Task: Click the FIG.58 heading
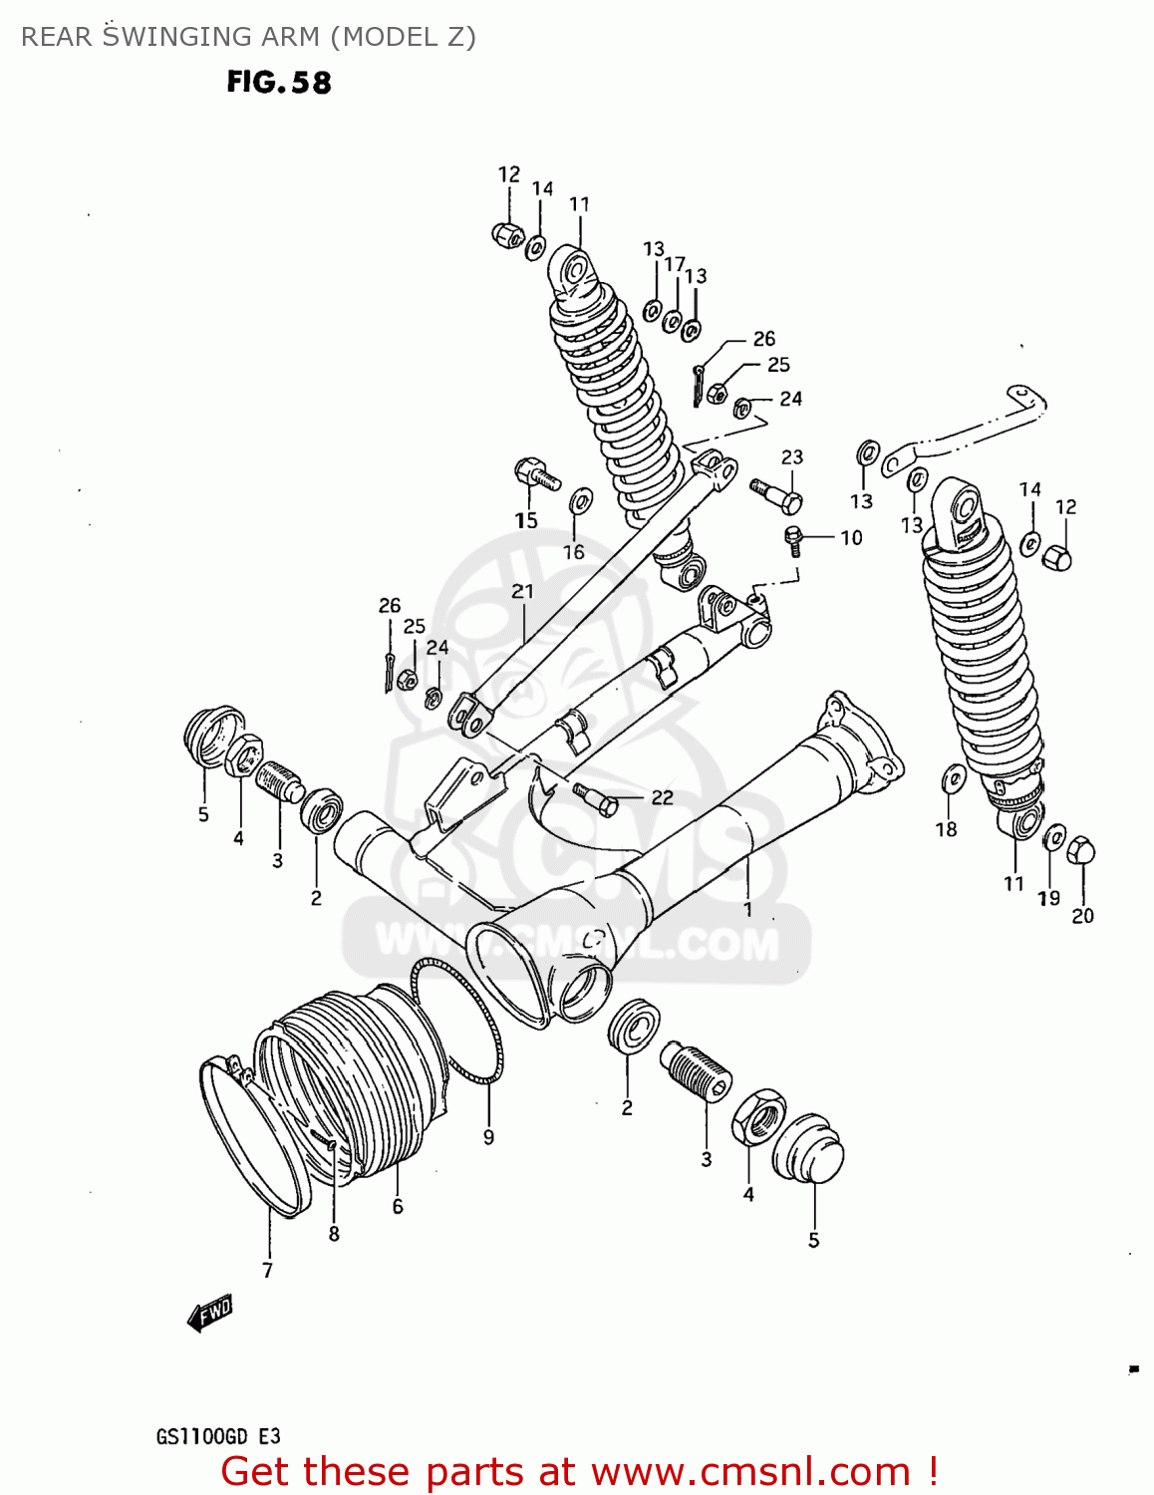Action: tap(278, 82)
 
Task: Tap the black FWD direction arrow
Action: tap(209, 1314)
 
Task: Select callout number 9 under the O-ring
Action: tap(488, 1136)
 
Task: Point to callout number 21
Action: tap(522, 591)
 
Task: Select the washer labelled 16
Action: tap(580, 499)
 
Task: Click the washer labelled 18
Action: tap(953, 777)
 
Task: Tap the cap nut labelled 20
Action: tap(1081, 852)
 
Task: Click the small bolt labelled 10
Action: tap(793, 541)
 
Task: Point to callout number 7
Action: tap(267, 1270)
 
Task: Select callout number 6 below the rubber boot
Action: tap(398, 1207)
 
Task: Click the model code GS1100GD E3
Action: tap(217, 1436)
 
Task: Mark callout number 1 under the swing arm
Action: tap(747, 909)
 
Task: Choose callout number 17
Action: tap(674, 264)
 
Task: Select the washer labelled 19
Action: tap(1053, 838)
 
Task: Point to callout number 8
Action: tap(334, 1234)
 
